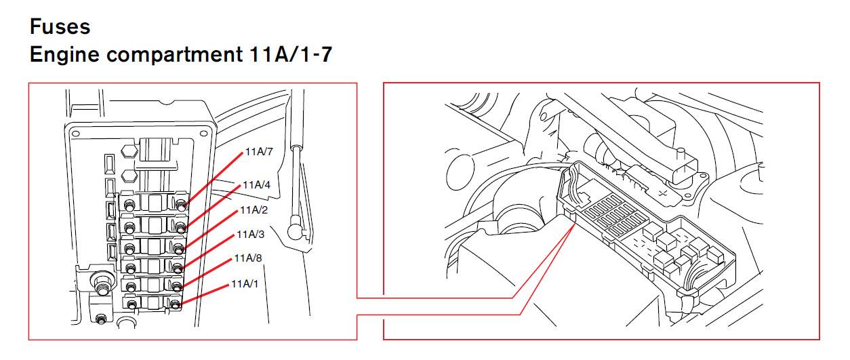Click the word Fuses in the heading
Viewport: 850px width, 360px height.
coord(60,27)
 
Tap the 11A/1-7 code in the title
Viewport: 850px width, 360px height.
coord(291,54)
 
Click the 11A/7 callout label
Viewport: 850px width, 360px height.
coord(259,152)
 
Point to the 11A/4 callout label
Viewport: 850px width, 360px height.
coord(256,184)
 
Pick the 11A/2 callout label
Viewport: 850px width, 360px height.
coord(254,209)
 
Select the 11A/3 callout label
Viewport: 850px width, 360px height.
coord(250,235)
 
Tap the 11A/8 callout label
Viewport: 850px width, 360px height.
coord(248,258)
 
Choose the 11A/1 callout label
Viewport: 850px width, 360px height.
coord(245,284)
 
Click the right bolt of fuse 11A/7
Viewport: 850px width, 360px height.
coord(182,205)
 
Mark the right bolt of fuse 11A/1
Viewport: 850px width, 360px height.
coord(175,304)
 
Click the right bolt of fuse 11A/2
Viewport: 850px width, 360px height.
coord(179,248)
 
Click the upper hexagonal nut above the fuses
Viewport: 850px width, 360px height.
coord(129,151)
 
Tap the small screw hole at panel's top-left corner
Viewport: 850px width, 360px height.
coord(76,134)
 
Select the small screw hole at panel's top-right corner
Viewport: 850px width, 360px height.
coord(204,134)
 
